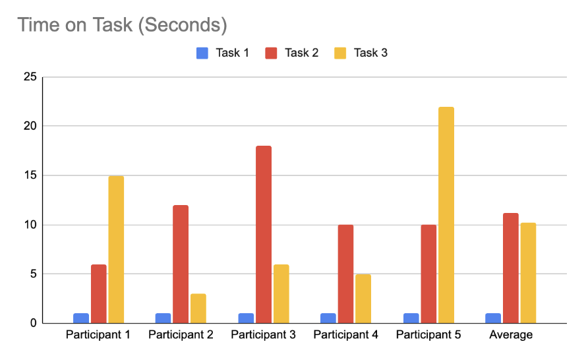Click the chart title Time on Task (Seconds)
(x=122, y=25)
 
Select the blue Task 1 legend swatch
(x=202, y=53)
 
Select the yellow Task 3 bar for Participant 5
(x=446, y=215)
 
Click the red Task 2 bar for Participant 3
(x=263, y=235)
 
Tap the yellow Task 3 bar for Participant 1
(x=116, y=250)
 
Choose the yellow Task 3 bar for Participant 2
(x=198, y=309)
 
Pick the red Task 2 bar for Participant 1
(x=98, y=294)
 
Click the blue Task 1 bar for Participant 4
(x=328, y=318)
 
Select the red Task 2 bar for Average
(x=511, y=268)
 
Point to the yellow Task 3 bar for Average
(x=528, y=273)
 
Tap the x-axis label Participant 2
(x=181, y=335)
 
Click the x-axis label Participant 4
(x=345, y=335)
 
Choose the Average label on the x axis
(x=511, y=335)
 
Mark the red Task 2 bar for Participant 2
(x=181, y=264)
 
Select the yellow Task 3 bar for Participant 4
(x=363, y=299)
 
